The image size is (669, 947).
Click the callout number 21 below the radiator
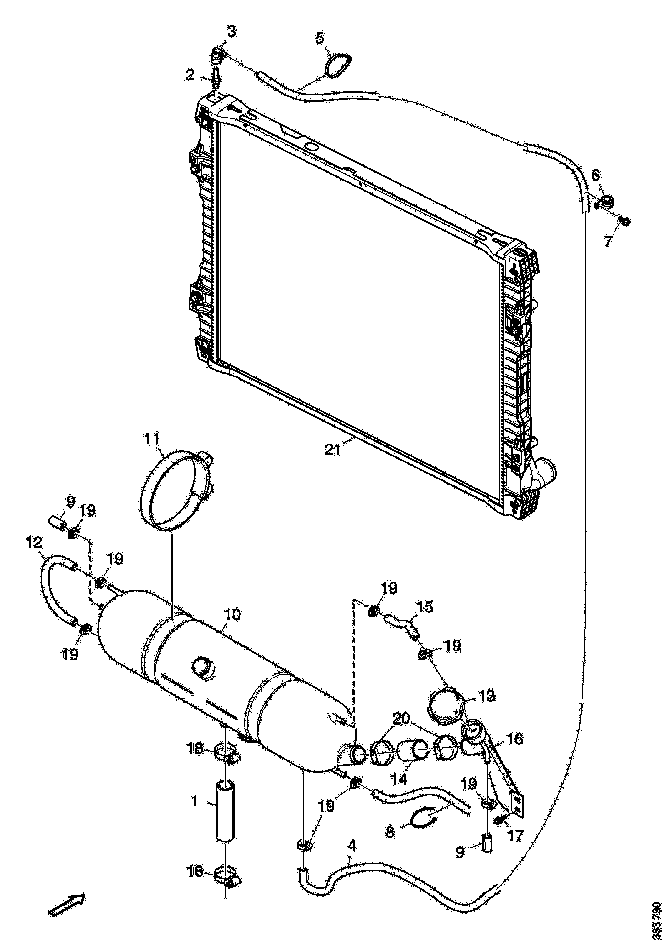(332, 450)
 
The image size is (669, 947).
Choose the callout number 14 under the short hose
(399, 779)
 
